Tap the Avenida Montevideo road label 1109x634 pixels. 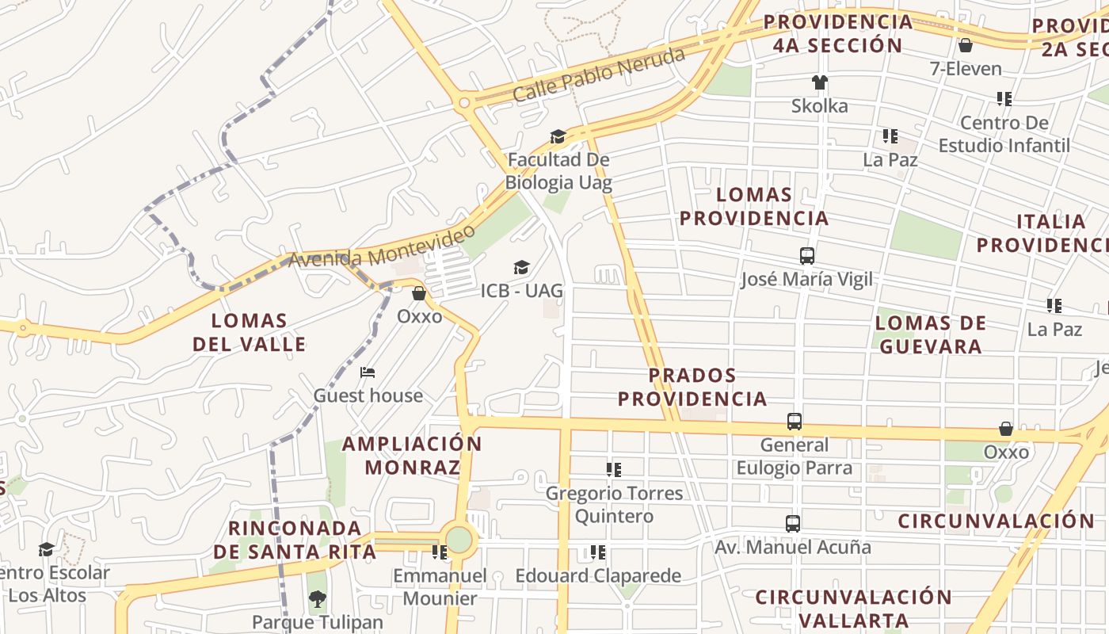(x=382, y=246)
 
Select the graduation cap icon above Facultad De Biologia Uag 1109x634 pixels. (x=558, y=136)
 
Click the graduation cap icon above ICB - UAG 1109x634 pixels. (x=521, y=267)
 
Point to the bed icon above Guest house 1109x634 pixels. (x=368, y=372)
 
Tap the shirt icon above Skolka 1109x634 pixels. (x=819, y=82)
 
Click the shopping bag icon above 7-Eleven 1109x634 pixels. (x=965, y=45)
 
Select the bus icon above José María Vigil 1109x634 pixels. (x=807, y=256)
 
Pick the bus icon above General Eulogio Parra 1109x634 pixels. (x=794, y=422)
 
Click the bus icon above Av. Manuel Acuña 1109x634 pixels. (x=792, y=524)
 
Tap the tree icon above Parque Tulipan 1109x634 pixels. (x=317, y=599)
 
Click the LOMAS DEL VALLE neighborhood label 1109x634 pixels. (x=250, y=332)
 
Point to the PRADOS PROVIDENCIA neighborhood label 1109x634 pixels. (x=692, y=387)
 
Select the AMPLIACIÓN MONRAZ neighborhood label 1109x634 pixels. (x=412, y=456)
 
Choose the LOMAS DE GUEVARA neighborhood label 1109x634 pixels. (x=931, y=334)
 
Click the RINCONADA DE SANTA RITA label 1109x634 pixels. (x=295, y=540)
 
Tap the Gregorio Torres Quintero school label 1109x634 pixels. (x=614, y=505)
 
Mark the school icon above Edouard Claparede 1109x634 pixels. (x=598, y=552)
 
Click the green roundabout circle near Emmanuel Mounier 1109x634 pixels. (x=459, y=540)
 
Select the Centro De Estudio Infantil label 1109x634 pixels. (x=1004, y=134)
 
